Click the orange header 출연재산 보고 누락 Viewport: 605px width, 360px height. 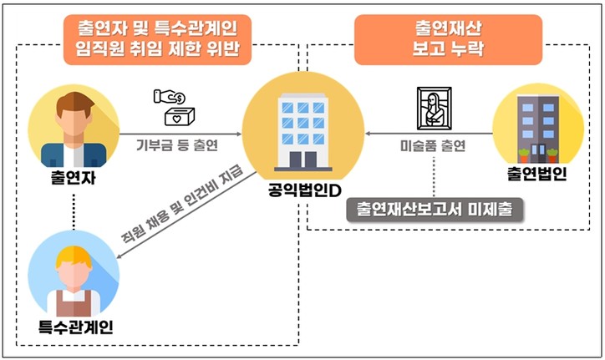(x=447, y=38)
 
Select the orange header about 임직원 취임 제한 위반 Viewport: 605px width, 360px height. (x=156, y=39)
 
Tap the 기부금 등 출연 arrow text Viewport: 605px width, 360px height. (x=177, y=144)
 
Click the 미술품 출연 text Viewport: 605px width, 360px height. (x=435, y=145)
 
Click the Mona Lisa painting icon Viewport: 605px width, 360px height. (x=435, y=105)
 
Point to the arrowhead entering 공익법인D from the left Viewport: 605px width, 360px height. (x=236, y=131)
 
